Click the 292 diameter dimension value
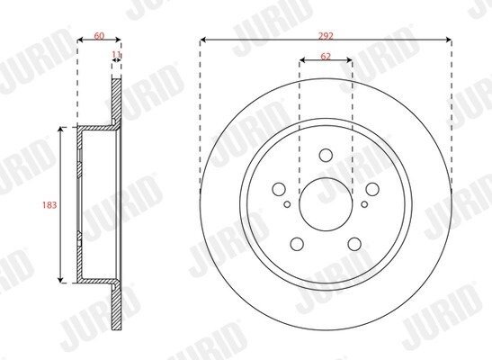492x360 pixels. pos(326,36)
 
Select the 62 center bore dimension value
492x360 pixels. pos(326,57)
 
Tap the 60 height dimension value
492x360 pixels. pos(99,36)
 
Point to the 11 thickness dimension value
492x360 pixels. pos(116,55)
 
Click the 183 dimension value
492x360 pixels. pos(49,205)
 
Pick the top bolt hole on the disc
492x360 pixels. pos(326,155)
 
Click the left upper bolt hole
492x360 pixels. pos(279,189)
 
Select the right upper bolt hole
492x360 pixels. pos(372,189)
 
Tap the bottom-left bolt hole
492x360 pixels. pos(297,244)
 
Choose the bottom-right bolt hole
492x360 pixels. pos(354,244)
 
